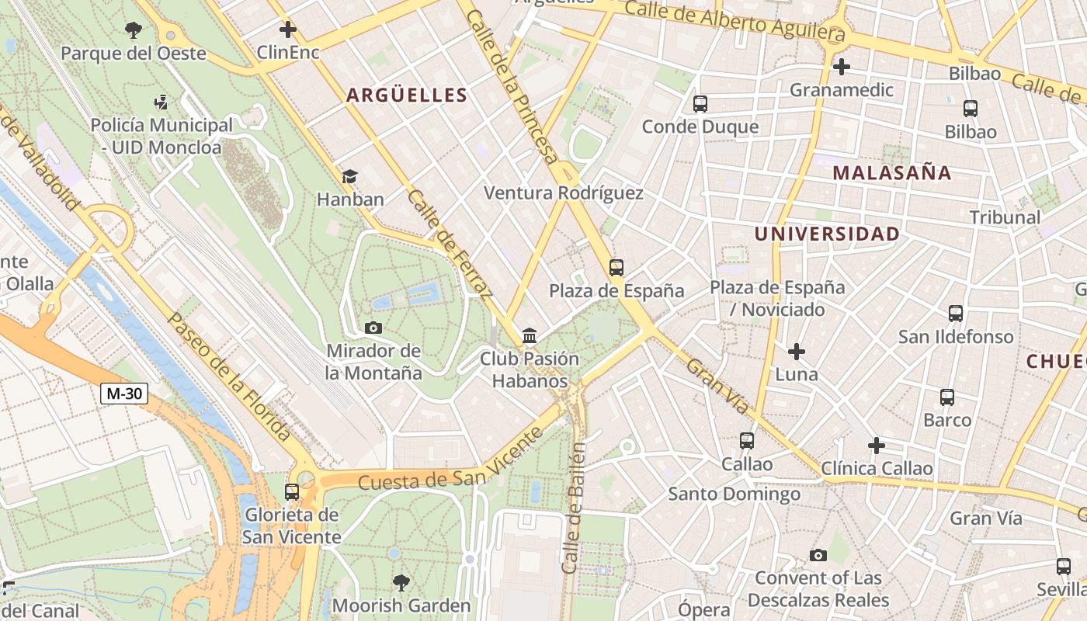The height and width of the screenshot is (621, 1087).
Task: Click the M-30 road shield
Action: click(x=124, y=394)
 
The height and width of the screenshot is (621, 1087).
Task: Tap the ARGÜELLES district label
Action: click(x=407, y=95)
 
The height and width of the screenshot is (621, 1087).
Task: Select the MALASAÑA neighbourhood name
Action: click(x=892, y=173)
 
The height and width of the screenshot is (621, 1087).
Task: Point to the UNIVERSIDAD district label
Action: click(x=828, y=234)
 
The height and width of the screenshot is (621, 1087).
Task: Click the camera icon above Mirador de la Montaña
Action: click(x=373, y=328)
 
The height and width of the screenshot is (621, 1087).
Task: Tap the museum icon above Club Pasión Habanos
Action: click(x=530, y=336)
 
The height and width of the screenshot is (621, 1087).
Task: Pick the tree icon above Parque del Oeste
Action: click(x=134, y=30)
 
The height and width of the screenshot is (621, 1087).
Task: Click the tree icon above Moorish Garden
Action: click(x=401, y=582)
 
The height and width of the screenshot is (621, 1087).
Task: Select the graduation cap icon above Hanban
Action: click(x=350, y=176)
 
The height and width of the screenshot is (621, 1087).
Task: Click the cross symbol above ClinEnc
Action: click(x=288, y=29)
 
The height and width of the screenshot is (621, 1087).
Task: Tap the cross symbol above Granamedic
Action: click(x=841, y=67)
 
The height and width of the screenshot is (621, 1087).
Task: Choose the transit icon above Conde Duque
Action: click(x=700, y=103)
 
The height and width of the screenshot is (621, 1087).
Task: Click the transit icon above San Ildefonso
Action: click(x=956, y=314)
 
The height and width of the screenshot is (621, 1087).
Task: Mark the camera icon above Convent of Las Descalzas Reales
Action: click(x=818, y=555)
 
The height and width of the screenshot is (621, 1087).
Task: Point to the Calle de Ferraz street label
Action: click(x=450, y=244)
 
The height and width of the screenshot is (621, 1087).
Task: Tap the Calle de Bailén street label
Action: click(x=574, y=508)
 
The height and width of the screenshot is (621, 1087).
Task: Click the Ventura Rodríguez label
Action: click(x=564, y=193)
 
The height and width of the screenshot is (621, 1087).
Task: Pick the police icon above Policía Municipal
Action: click(x=161, y=102)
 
